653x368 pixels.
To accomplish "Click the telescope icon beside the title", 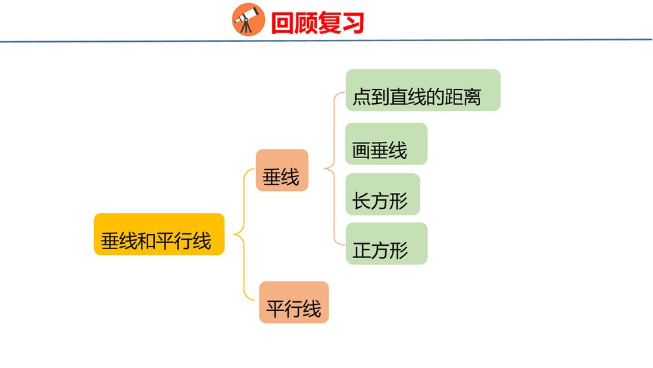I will tap(248, 20).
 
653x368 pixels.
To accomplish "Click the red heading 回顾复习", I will tap(317, 24).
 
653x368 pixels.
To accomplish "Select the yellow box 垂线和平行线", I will tap(159, 234).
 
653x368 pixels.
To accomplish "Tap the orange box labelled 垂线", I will tap(281, 170).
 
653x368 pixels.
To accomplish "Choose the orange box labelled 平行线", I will tap(294, 302).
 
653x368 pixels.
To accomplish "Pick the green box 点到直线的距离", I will tap(422, 90).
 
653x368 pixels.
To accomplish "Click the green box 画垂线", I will tap(386, 144).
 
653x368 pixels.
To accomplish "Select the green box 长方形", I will tap(382, 194).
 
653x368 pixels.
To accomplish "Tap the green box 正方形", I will tap(386, 244).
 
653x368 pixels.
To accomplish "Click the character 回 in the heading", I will tap(283, 24).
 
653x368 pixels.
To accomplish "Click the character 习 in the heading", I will tap(353, 24).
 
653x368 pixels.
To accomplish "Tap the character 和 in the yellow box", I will tap(147, 241).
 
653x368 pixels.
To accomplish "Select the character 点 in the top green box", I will tap(362, 98).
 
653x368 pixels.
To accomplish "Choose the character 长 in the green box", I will tap(362, 201).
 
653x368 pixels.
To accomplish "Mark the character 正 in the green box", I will tap(362, 251).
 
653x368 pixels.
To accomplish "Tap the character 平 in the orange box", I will tap(276, 309).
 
